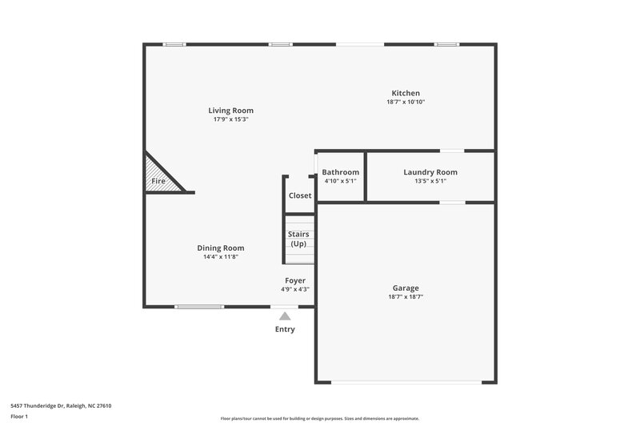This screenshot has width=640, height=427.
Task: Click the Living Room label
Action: (231, 111)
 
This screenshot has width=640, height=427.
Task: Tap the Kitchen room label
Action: (406, 93)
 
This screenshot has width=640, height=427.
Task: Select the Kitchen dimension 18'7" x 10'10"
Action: (406, 102)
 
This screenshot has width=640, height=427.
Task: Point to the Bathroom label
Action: (340, 172)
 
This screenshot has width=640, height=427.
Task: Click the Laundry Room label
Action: (430, 172)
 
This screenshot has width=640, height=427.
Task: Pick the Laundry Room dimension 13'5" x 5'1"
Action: (430, 181)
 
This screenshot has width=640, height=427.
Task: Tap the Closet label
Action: (300, 195)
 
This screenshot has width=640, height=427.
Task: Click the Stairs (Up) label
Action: (298, 239)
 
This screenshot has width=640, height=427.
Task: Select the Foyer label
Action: (295, 280)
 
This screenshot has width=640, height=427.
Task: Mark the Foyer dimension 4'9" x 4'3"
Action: (295, 289)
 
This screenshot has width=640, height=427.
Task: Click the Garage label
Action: (406, 288)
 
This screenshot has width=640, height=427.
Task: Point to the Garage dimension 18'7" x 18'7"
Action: (406, 296)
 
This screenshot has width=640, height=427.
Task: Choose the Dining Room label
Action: (221, 248)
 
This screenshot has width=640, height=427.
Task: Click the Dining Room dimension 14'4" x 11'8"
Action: (221, 256)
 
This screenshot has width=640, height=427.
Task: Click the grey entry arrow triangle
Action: (284, 316)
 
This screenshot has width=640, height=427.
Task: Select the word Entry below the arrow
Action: (285, 329)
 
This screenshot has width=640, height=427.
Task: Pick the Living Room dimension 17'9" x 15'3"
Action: (231, 119)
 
